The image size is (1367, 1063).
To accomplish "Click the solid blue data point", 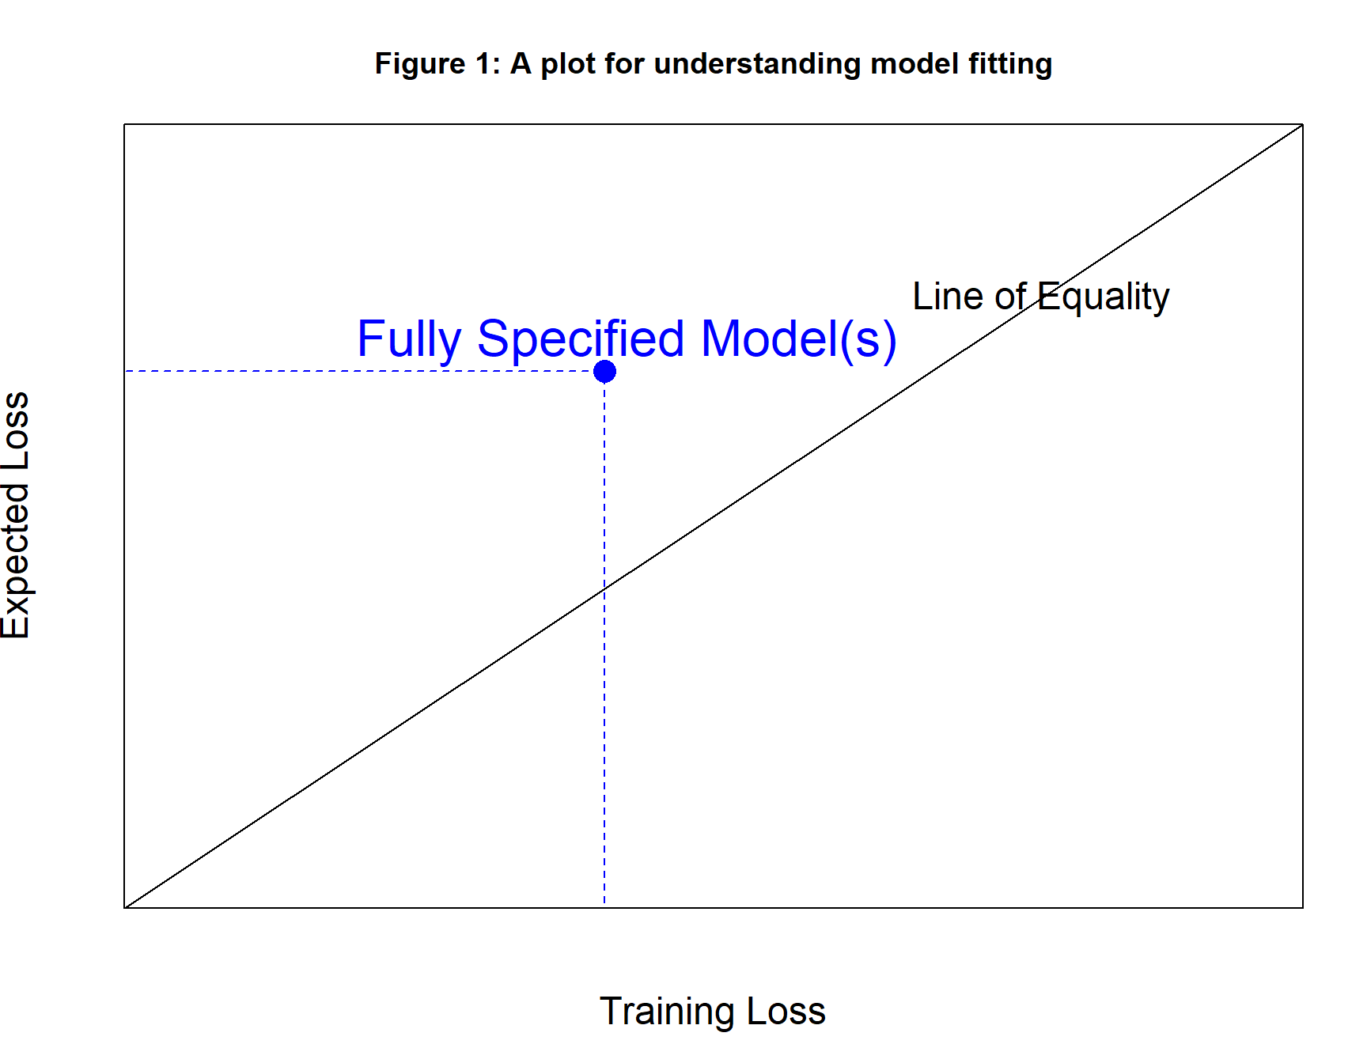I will point(604,371).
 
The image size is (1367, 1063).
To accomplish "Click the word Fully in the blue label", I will point(408,339).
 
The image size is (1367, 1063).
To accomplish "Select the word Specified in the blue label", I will point(580,339).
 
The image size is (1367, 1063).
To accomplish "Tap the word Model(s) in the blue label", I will point(798,339).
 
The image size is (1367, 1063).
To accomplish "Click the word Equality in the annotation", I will point(1103,297).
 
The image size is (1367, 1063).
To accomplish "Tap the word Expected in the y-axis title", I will point(16,562).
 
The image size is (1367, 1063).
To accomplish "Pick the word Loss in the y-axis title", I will point(16,430).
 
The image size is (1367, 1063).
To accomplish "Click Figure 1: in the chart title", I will point(437,64).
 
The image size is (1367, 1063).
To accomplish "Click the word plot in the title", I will point(567,64).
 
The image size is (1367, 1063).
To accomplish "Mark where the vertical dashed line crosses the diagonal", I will point(604,589).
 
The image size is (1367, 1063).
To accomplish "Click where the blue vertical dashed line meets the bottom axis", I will point(604,907).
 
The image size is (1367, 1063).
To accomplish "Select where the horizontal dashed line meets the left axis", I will point(125,371).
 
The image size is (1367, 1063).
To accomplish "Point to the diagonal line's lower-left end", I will point(125,907).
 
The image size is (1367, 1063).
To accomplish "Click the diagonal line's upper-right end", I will point(1302,125).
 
